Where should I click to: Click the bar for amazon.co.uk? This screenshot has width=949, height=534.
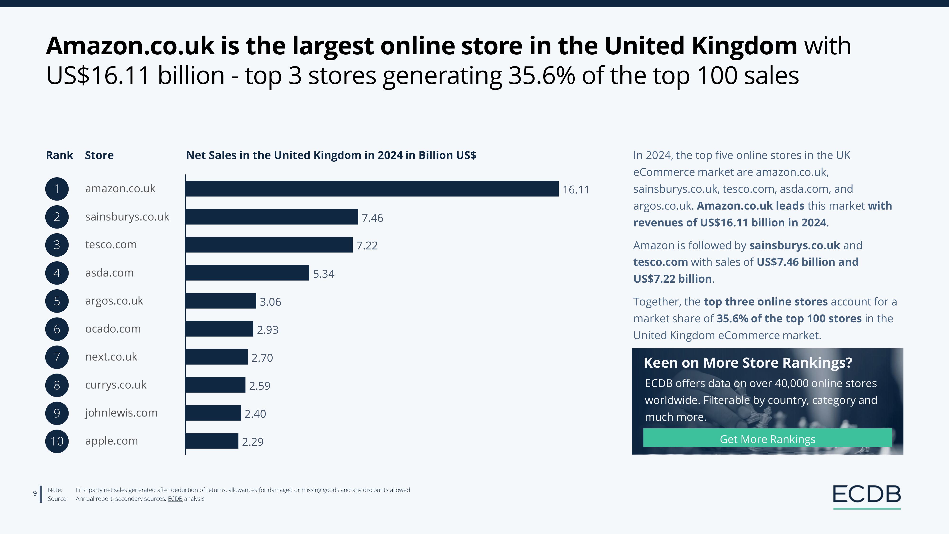pos(372,189)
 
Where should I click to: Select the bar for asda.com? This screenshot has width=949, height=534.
pos(247,273)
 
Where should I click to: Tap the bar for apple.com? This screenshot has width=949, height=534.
pos(212,441)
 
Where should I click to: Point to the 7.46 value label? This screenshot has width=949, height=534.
pos(372,218)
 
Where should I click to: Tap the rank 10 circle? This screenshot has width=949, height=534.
pos(57,441)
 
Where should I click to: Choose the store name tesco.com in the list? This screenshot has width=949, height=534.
pos(111,245)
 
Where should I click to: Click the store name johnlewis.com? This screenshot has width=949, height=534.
pos(121,413)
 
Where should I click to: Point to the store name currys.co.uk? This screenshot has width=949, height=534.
pos(116,385)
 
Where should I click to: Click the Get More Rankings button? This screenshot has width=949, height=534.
pos(767,439)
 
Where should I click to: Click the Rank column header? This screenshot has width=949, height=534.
pos(59,155)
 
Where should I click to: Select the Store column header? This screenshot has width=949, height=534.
pos(99,155)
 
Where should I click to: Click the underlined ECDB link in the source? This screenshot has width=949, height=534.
pos(175,499)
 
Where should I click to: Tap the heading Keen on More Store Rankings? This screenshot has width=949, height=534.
pos(748,363)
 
